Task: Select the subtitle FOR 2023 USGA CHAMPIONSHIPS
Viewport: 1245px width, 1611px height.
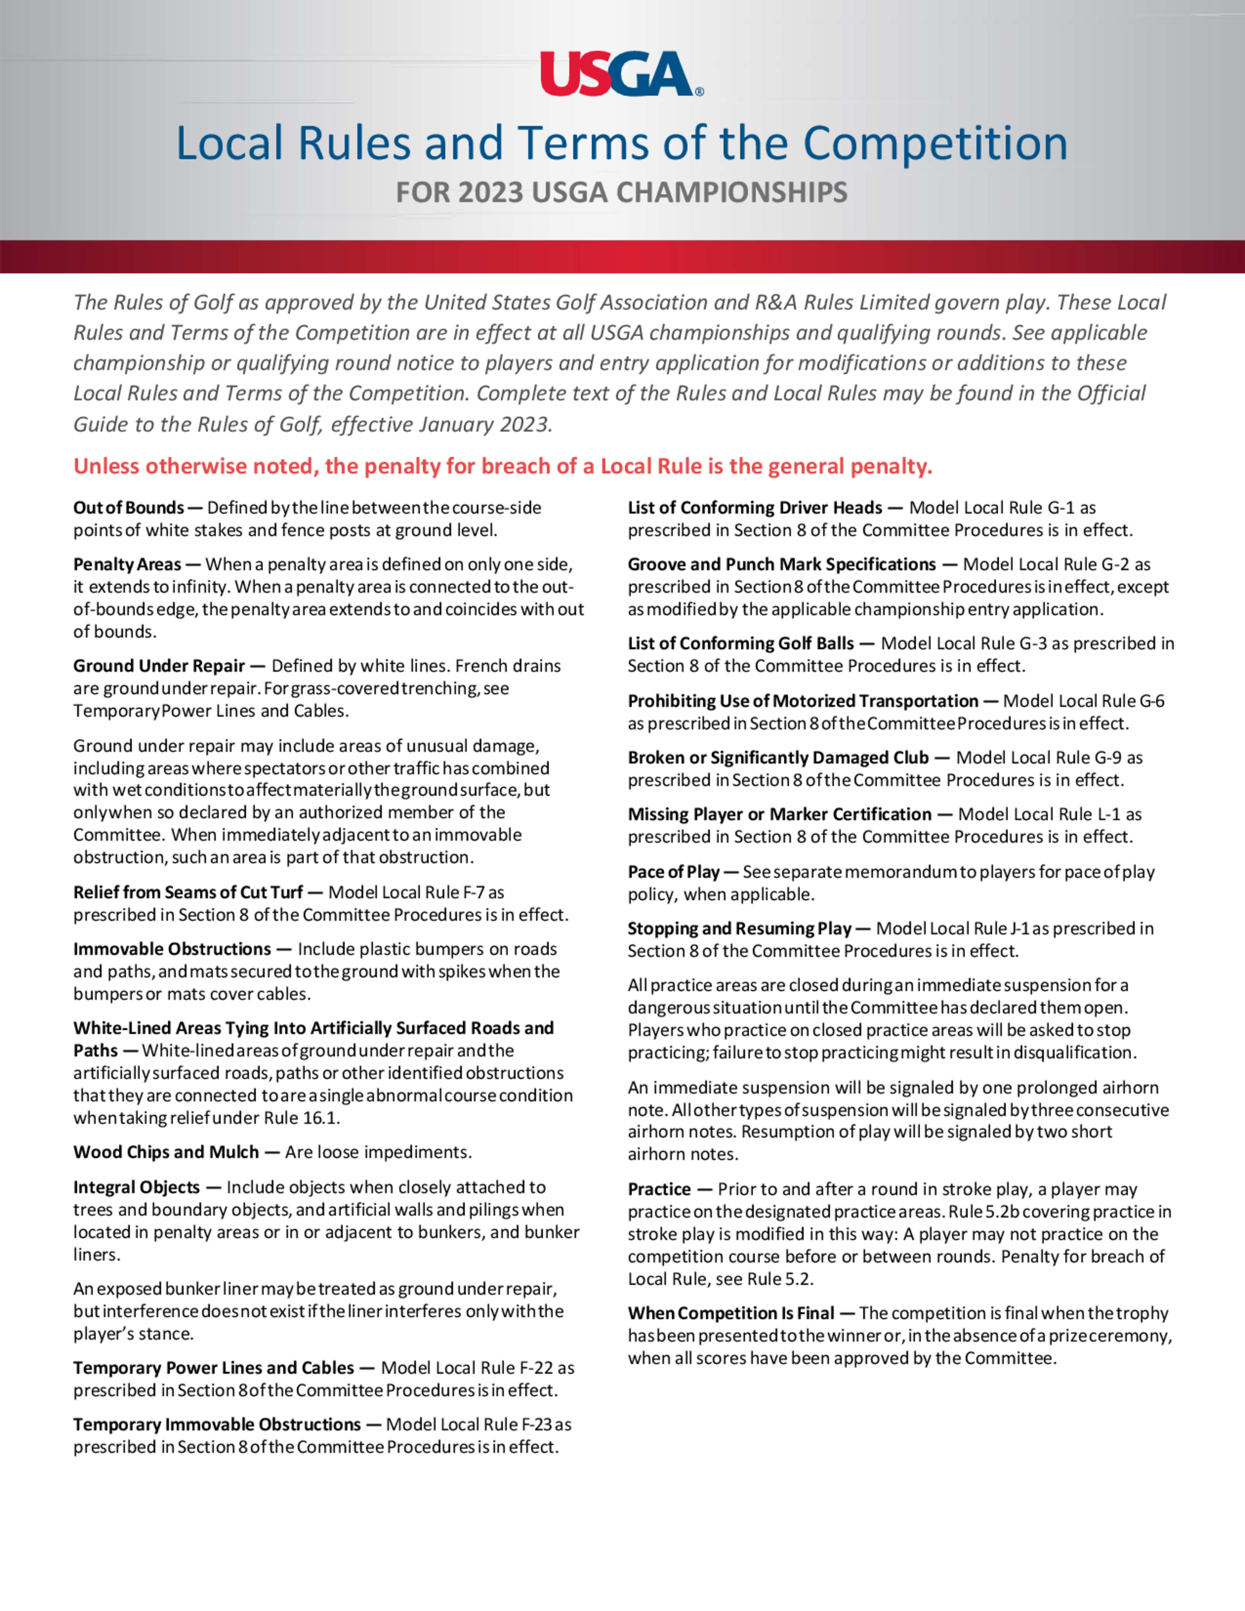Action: (x=621, y=192)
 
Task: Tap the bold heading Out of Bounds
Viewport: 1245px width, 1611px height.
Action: (x=128, y=507)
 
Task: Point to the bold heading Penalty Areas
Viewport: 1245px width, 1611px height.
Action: (x=127, y=565)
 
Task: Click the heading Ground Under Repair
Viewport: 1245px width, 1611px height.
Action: (x=159, y=666)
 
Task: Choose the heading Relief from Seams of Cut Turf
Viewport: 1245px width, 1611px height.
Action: (x=188, y=893)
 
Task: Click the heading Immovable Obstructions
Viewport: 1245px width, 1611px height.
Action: (x=172, y=949)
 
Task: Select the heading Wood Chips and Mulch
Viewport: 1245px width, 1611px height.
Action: (x=166, y=1152)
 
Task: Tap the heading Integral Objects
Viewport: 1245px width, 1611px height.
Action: (x=136, y=1187)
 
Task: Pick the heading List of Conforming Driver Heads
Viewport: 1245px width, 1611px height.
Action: (x=754, y=507)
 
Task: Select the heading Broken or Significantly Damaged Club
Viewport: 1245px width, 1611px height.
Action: (x=778, y=758)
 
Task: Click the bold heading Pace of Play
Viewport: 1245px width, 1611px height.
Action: (x=674, y=872)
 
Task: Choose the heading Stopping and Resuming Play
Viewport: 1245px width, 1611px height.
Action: (x=739, y=929)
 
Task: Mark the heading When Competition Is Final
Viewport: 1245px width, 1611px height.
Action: (x=731, y=1313)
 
